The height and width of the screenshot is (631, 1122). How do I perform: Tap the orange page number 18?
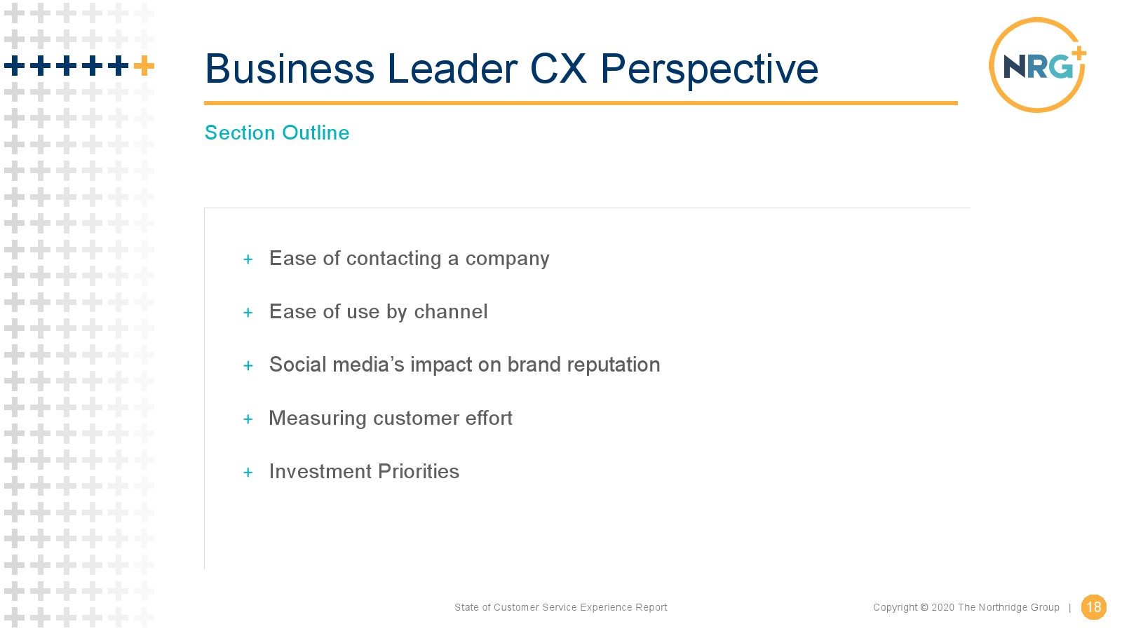1093,607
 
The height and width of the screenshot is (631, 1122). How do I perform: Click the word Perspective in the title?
709,69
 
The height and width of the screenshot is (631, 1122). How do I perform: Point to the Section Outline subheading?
277,133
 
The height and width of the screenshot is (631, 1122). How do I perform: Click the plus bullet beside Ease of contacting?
248,259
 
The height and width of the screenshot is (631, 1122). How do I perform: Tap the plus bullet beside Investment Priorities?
248,473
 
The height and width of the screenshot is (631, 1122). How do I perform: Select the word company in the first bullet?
508,259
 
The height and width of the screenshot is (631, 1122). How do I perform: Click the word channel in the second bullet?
451,311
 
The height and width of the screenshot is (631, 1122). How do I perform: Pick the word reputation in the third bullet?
614,365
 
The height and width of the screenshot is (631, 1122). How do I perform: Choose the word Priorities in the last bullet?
418,471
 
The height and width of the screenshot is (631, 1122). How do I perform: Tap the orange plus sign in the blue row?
144,66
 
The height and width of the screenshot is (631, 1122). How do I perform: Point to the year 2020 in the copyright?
942,607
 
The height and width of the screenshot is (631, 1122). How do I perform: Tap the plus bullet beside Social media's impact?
248,366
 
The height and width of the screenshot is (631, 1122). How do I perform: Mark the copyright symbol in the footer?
924,607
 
